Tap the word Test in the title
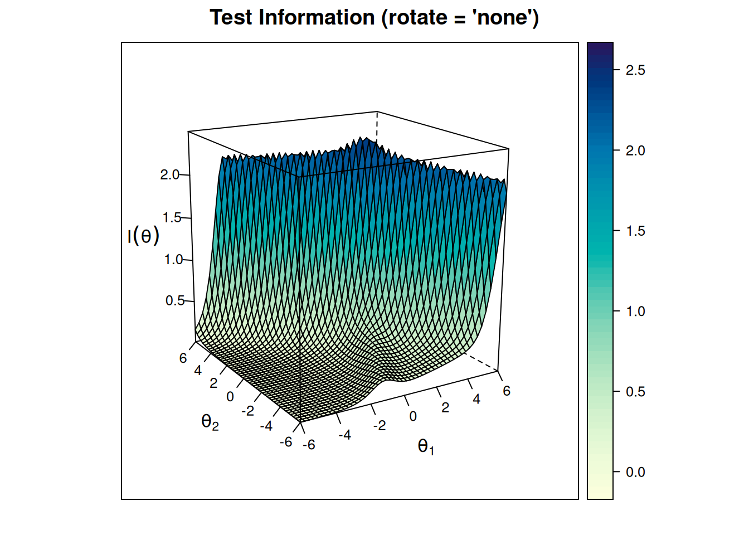pyautogui.click(x=231, y=18)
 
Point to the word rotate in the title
pyautogui.click(x=418, y=18)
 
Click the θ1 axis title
pyautogui.click(x=426, y=446)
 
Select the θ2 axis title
pyautogui.click(x=210, y=422)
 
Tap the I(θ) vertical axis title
pyautogui.click(x=143, y=236)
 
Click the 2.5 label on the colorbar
pyautogui.click(x=635, y=70)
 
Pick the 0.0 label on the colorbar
pyautogui.click(x=635, y=472)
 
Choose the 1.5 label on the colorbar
pyautogui.click(x=635, y=231)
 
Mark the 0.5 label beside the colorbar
pyautogui.click(x=635, y=392)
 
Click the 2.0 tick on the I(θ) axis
pyautogui.click(x=170, y=175)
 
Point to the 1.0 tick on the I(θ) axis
pyautogui.click(x=173, y=260)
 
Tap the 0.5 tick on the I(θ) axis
pyautogui.click(x=175, y=301)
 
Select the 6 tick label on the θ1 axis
pyautogui.click(x=507, y=391)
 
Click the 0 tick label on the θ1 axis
pyautogui.click(x=413, y=416)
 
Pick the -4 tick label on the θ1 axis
pyautogui.click(x=345, y=435)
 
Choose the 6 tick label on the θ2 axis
pyautogui.click(x=183, y=358)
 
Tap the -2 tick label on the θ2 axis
pyautogui.click(x=248, y=411)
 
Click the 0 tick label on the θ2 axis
pyautogui.click(x=230, y=397)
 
